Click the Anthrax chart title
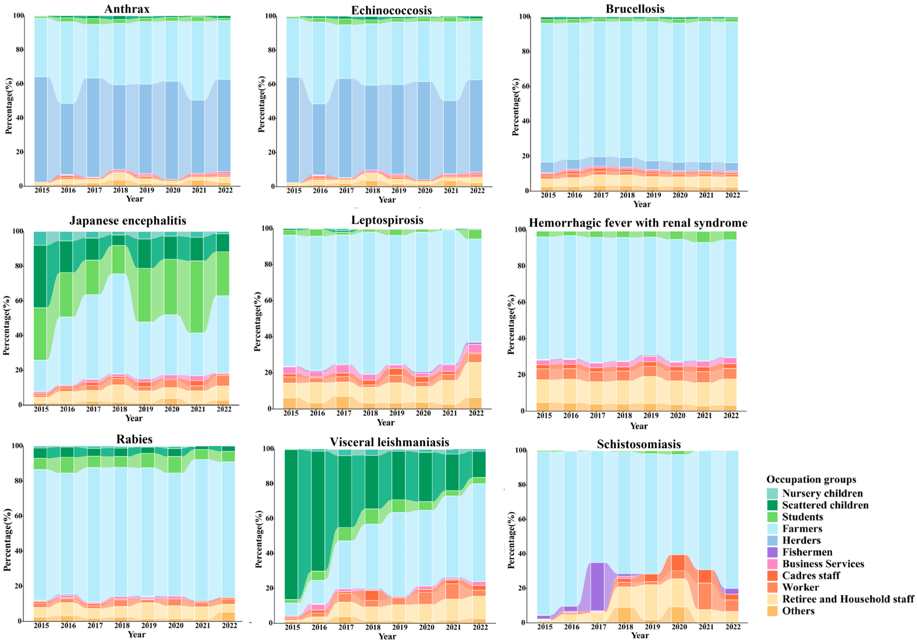(x=127, y=9)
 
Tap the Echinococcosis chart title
(x=391, y=10)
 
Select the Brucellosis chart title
(x=635, y=9)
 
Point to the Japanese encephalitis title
(x=128, y=221)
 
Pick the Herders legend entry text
(x=801, y=540)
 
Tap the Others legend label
(x=798, y=611)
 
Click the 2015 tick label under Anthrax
(x=42, y=190)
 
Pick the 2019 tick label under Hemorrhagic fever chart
(x=651, y=416)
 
